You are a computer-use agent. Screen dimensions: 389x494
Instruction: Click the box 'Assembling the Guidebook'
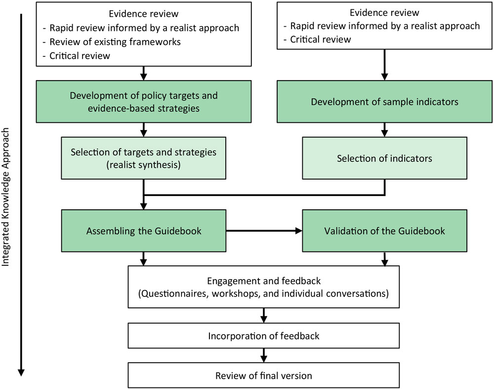[x=143, y=231]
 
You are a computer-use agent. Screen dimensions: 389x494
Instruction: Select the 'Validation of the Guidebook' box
[x=384, y=231]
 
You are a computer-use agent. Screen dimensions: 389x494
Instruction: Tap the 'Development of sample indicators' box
[x=384, y=102]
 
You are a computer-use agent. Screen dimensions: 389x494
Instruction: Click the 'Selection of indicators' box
[x=384, y=158]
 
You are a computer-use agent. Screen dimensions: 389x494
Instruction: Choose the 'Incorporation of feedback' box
[x=263, y=336]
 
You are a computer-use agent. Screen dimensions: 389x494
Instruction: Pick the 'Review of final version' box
[x=263, y=376]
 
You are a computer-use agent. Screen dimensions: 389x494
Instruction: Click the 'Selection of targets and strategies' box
[x=143, y=158]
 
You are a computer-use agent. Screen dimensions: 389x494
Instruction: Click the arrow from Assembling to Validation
[x=264, y=231]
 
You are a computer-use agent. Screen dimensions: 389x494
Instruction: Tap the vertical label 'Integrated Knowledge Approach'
[x=7, y=198]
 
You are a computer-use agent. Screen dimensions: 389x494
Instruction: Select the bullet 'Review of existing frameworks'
[x=115, y=42]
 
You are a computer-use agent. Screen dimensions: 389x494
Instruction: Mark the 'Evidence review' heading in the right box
[x=384, y=13]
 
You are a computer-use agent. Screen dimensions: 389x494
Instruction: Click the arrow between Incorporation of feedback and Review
[x=263, y=355]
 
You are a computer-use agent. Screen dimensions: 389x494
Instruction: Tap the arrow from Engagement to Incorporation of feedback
[x=263, y=315]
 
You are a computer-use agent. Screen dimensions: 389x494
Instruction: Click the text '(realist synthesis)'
[x=143, y=165]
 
